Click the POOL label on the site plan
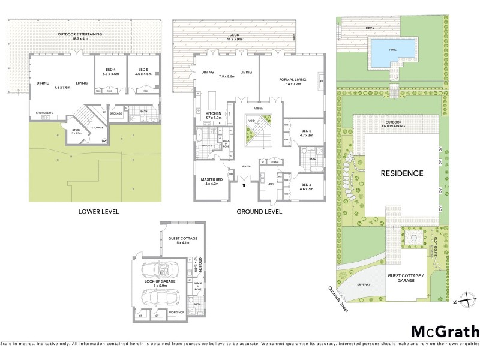coord(392,50)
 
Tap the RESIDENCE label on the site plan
coord(402,173)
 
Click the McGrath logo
coord(445,331)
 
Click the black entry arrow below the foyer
coord(244,186)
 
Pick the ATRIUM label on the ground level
coord(259,109)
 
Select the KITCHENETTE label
coord(44,113)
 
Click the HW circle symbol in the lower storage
coord(104,141)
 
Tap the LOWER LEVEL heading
coord(98,212)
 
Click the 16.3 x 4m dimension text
coord(80,39)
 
